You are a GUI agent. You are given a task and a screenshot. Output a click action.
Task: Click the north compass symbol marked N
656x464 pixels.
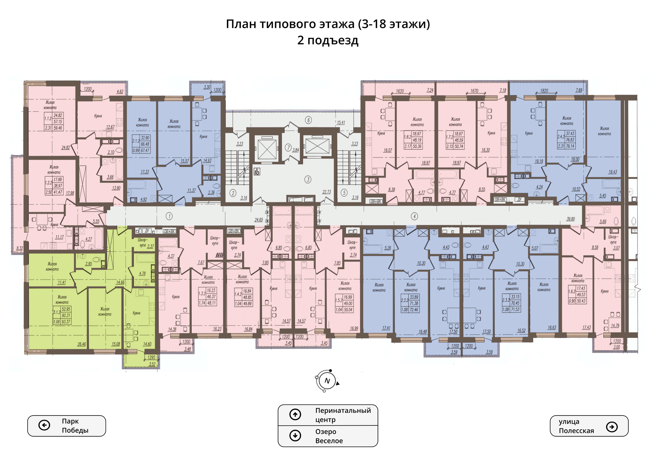(327, 381)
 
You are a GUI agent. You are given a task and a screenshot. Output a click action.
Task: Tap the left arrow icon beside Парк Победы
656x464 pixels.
(44, 425)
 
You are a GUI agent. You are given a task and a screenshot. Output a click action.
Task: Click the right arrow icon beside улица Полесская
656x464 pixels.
(612, 426)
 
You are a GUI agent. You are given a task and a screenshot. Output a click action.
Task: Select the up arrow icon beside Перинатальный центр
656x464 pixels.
(295, 414)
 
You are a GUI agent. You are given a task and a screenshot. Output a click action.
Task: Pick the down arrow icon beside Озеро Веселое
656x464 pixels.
(295, 435)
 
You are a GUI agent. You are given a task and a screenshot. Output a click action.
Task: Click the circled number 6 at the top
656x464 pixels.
(309, 120)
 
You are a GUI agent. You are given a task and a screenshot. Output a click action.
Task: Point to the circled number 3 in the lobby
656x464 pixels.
(308, 179)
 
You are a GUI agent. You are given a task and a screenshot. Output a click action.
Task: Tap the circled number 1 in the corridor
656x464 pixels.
(169, 216)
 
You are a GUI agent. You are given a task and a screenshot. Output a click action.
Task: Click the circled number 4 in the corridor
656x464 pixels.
(414, 216)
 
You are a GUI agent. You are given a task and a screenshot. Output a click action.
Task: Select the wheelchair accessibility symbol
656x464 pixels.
(257, 172)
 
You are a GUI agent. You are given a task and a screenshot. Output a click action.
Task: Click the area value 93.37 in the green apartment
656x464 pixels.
(66, 322)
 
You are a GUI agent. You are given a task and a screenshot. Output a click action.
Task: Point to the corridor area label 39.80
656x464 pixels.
(571, 219)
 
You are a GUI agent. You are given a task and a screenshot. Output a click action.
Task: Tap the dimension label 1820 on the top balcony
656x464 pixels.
(544, 91)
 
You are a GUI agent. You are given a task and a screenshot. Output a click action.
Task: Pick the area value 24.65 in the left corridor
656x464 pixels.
(259, 220)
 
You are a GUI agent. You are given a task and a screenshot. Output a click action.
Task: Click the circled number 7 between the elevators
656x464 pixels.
(288, 148)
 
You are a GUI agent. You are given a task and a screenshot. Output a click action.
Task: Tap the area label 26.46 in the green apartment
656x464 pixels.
(82, 344)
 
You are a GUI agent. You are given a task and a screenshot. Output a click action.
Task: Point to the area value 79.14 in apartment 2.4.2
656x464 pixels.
(570, 146)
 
